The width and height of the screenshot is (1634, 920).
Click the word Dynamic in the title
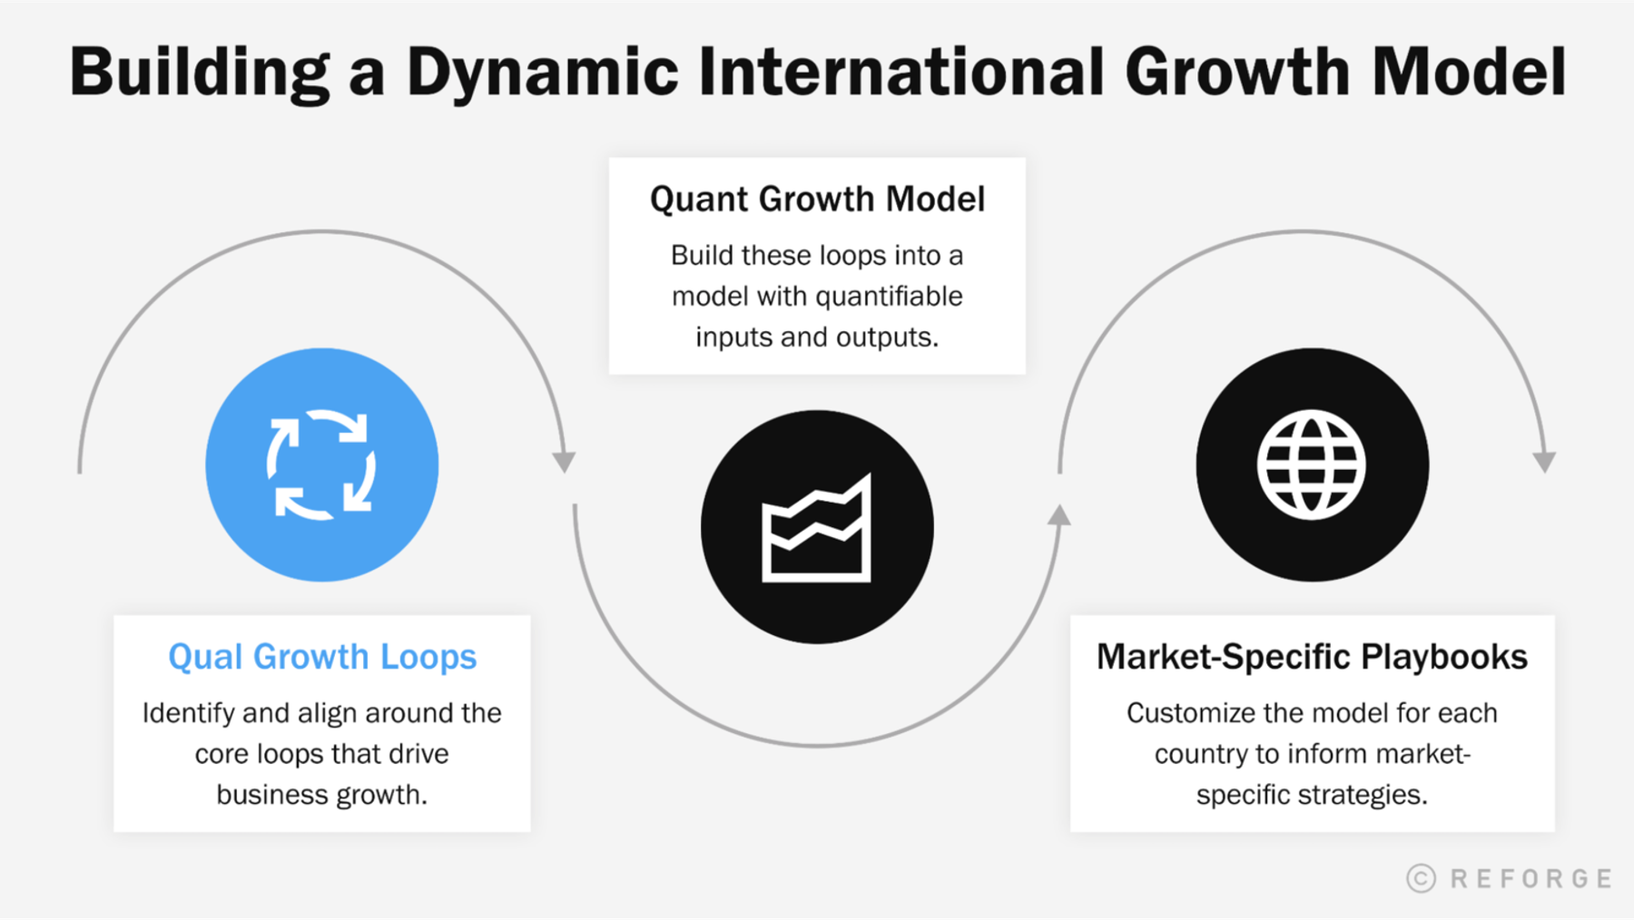click(542, 73)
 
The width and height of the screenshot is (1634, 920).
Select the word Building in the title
click(200, 73)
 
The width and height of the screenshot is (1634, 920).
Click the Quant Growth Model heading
click(817, 199)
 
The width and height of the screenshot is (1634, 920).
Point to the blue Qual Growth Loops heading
click(322, 656)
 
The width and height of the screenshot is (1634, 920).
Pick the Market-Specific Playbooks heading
click(1312, 656)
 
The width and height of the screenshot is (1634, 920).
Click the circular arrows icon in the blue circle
click(321, 465)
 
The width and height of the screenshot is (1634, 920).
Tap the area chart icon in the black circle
click(816, 528)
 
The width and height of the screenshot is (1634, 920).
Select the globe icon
click(1312, 465)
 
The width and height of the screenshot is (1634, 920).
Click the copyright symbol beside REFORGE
click(1421, 877)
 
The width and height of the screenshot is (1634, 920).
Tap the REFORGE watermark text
click(1531, 878)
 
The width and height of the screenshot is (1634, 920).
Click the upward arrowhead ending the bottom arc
click(1058, 516)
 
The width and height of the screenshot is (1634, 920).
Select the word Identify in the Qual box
click(189, 713)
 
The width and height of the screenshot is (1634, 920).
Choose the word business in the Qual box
click(272, 795)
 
